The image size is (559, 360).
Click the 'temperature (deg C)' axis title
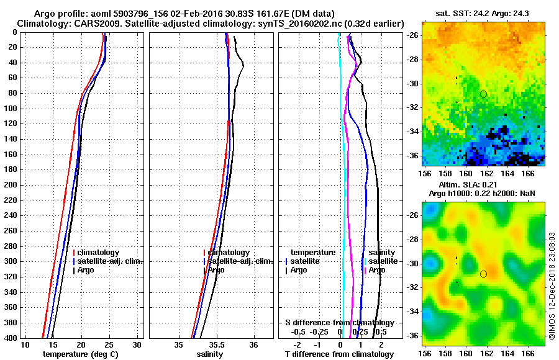pos(80,354)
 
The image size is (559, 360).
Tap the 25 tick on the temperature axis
pos(109,344)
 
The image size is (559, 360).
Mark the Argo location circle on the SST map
pos(483,94)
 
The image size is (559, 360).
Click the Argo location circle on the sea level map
pos(483,274)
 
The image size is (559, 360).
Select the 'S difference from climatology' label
pos(339,323)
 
